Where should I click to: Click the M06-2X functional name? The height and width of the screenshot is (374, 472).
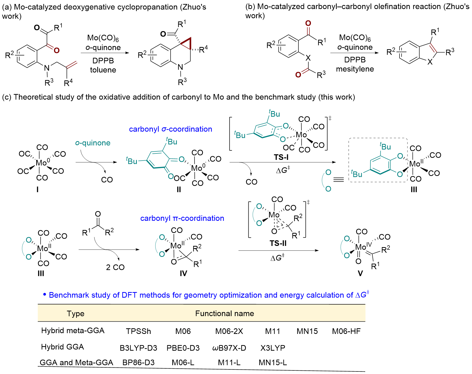(229, 331)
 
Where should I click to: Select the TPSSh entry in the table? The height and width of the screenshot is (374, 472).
(138, 331)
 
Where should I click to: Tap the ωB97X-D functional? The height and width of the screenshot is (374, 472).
(229, 348)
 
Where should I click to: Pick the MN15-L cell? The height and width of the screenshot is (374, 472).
(273, 363)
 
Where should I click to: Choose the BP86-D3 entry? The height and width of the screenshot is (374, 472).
(138, 363)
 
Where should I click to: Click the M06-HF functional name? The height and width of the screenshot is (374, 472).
(346, 331)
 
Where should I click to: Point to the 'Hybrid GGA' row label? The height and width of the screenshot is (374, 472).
(63, 347)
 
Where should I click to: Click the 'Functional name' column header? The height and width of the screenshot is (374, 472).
(224, 313)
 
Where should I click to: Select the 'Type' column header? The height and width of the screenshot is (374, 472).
(76, 313)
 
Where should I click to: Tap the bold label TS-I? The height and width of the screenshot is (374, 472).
(281, 157)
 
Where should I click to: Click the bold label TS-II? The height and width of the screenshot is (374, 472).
(278, 243)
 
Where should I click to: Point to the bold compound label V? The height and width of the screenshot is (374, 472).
(360, 273)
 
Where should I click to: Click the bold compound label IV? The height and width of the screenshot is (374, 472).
(183, 273)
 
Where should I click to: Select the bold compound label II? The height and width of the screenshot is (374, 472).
(179, 189)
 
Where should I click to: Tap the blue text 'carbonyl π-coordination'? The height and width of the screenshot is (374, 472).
(182, 218)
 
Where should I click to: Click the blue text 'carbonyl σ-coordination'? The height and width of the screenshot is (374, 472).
(170, 129)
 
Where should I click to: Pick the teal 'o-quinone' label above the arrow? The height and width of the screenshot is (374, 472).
(93, 143)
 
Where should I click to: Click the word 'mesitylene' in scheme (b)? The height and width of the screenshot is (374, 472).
(355, 69)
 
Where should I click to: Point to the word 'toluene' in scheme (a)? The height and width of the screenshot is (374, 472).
(103, 70)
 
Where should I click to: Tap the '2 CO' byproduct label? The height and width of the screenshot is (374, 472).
(115, 267)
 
